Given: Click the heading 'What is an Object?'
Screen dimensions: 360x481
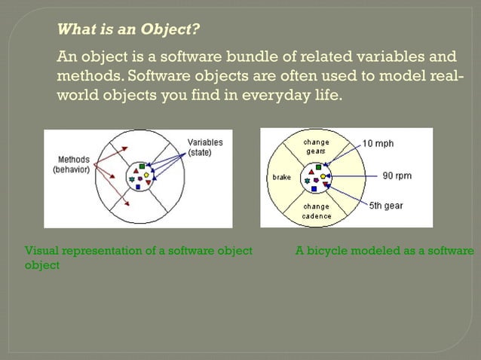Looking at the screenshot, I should pos(129,30).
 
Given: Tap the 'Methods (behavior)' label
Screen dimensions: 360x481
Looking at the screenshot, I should pos(72,164).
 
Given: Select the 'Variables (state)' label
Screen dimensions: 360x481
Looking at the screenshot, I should pos(204,147).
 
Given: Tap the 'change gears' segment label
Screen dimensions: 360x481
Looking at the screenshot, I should pos(315,146).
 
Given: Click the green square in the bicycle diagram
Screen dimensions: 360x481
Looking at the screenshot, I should pos(319,166).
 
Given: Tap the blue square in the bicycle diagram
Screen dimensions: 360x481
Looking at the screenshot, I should pos(314,189).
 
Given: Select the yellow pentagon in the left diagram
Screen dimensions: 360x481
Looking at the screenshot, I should pos(146,175).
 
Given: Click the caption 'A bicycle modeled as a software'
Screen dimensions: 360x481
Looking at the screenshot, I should pos(384,251).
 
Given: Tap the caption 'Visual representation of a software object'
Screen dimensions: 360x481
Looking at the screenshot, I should pos(139,251).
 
